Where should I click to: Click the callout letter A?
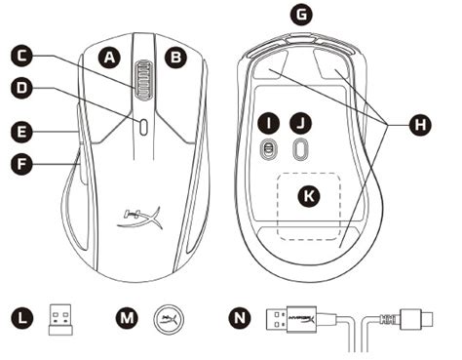[x=110, y=59]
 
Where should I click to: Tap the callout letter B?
[x=176, y=59]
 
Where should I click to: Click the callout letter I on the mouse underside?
[x=267, y=123]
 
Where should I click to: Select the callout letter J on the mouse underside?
[x=303, y=123]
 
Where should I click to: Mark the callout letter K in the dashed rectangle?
[x=310, y=196]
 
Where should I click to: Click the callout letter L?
[x=22, y=317]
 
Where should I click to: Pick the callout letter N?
[x=236, y=317]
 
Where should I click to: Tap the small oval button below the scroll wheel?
[x=143, y=125]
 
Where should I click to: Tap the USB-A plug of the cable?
[x=289, y=318]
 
